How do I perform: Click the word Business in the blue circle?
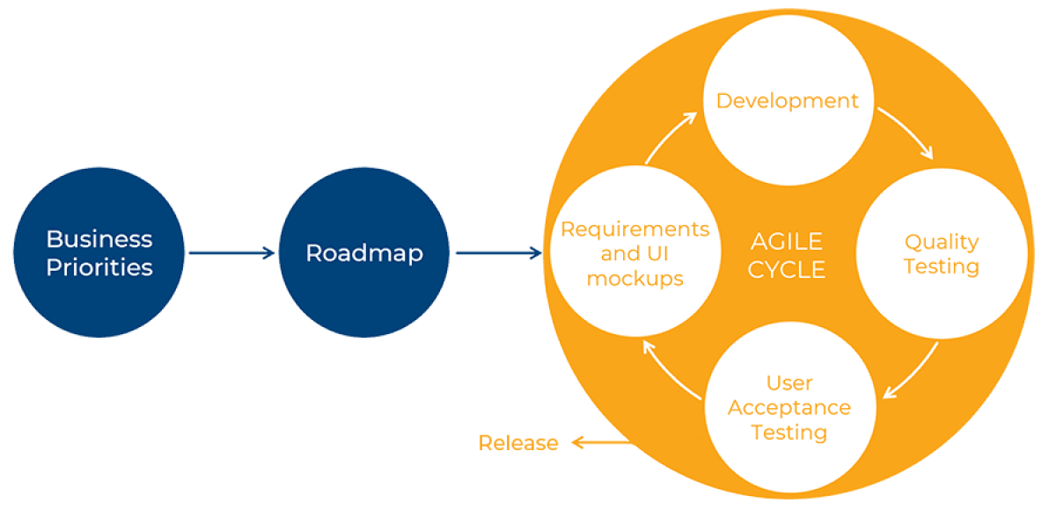tap(99, 239)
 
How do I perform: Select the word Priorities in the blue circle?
tap(99, 267)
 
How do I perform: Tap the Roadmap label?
tap(364, 253)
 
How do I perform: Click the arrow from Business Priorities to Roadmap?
tap(231, 253)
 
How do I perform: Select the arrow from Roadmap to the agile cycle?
tap(498, 253)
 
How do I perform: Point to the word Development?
tap(787, 101)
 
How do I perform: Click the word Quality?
tap(942, 242)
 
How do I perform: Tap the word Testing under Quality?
tap(942, 266)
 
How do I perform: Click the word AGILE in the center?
tap(786, 242)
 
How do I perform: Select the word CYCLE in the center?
tap(786, 270)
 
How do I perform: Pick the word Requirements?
tap(634, 229)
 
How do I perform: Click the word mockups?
tap(634, 279)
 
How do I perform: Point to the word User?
tap(789, 383)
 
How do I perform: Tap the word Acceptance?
tap(789, 408)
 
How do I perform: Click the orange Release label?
tap(517, 442)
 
